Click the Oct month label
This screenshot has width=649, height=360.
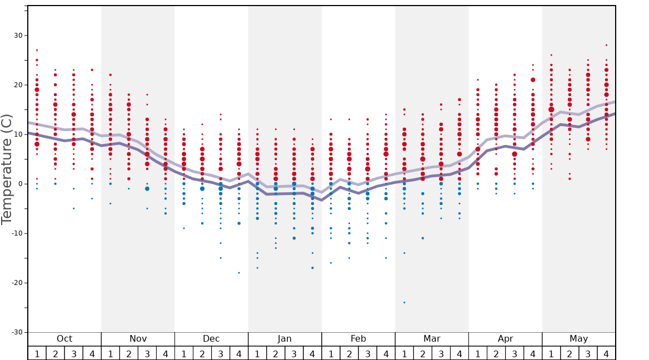click(x=64, y=339)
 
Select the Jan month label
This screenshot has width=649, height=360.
click(x=284, y=339)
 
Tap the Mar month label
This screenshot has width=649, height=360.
click(x=432, y=339)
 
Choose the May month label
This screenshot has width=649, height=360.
click(x=578, y=339)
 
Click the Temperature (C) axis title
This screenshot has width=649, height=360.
click(x=7, y=169)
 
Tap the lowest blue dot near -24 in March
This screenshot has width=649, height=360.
click(x=404, y=302)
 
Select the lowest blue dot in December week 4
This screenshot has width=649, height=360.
click(x=239, y=273)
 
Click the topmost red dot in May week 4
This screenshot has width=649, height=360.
click(x=606, y=45)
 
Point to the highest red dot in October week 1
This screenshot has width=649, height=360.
click(x=37, y=50)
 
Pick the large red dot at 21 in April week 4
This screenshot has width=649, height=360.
click(x=533, y=80)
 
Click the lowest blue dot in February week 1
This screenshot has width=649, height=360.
click(x=331, y=263)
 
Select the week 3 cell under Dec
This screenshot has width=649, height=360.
click(x=221, y=354)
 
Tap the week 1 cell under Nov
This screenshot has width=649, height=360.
click(x=111, y=354)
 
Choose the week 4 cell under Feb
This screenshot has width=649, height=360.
click(x=386, y=354)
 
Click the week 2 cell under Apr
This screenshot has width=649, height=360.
click(x=496, y=354)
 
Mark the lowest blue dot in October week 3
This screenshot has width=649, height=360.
click(x=73, y=208)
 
